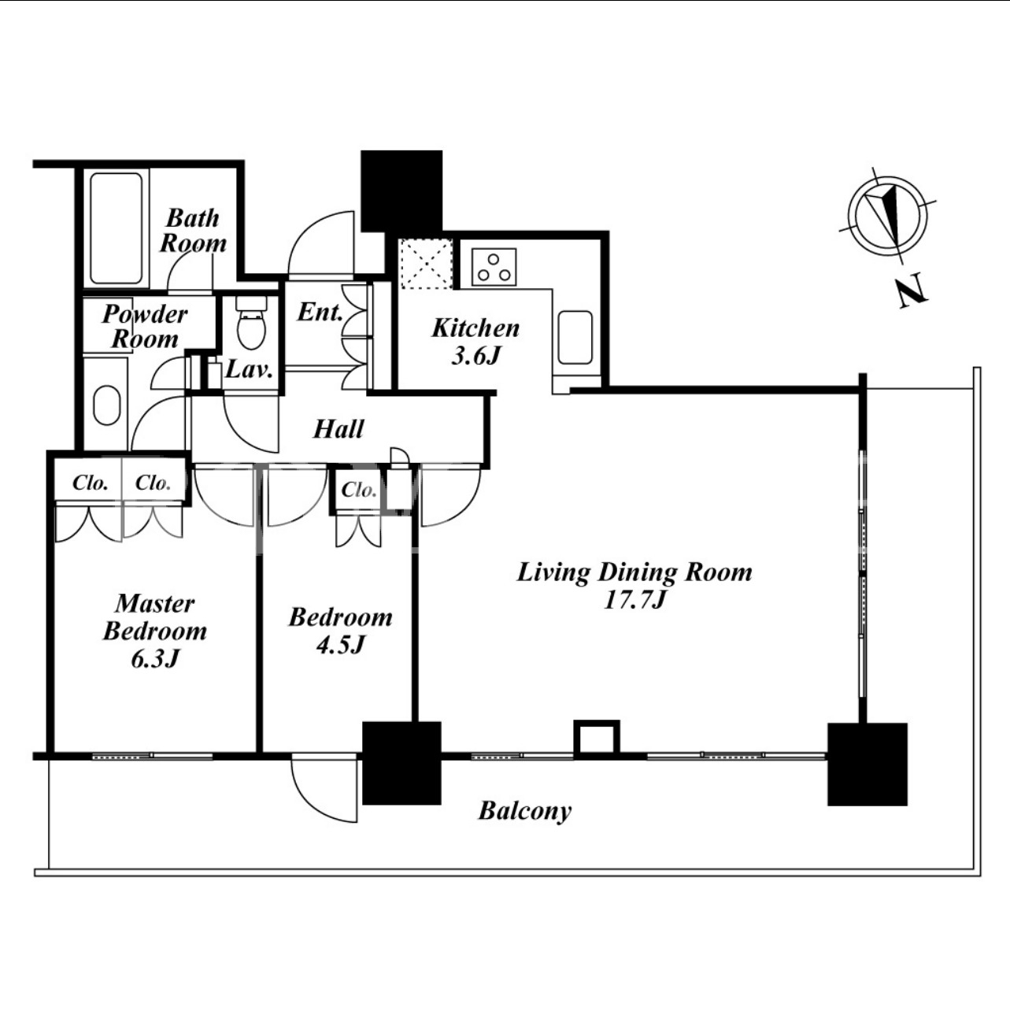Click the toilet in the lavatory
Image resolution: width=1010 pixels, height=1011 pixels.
251,322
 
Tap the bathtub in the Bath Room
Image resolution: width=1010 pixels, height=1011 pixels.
116,228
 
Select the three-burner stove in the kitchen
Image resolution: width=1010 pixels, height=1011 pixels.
494,267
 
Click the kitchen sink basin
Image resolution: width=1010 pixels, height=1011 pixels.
575,337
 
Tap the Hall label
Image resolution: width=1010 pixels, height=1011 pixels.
339,429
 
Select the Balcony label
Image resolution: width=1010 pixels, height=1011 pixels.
524,810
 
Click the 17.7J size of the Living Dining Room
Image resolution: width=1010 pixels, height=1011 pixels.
634,600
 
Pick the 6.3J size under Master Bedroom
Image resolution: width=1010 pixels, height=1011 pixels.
155,659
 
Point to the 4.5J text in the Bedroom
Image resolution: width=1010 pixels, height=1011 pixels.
341,645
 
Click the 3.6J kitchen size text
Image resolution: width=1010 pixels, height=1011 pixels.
475,356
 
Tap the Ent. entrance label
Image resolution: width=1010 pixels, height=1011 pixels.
320,313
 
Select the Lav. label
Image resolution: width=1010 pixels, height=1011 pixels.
250,370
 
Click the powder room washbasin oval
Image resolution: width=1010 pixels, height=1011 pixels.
106,406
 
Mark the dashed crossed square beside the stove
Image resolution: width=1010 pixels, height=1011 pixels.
426,264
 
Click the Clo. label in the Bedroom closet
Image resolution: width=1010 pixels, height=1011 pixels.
359,490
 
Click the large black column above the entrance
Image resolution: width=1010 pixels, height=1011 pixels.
402,191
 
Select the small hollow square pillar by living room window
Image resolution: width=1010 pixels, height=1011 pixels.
597,740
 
